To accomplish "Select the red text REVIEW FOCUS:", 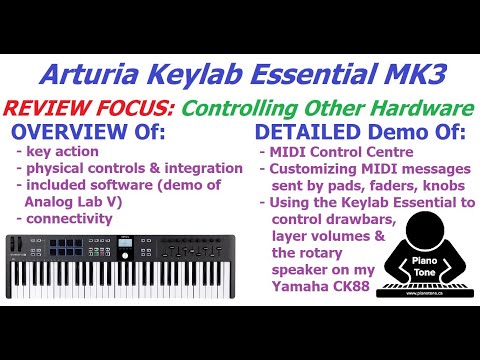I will pos(76,105).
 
